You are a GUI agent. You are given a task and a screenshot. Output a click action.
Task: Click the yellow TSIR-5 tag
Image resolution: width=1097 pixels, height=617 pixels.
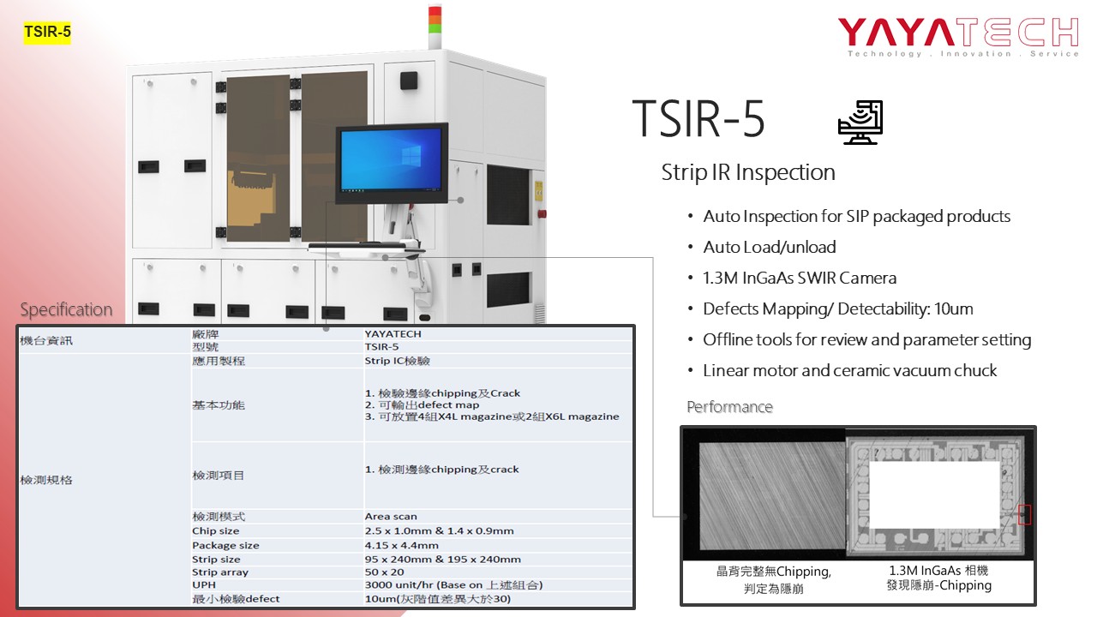point(47,32)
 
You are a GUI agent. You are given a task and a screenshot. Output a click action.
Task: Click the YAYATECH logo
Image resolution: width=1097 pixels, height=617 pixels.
point(958,36)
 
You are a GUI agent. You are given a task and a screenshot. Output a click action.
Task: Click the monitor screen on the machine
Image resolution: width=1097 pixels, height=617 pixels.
point(392,163)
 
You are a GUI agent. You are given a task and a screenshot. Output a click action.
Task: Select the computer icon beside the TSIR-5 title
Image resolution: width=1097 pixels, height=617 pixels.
point(860,123)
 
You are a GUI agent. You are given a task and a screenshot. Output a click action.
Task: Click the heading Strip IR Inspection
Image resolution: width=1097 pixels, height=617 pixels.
point(748,172)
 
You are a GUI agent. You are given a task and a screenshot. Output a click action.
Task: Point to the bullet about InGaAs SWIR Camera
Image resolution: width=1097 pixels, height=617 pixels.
point(800,279)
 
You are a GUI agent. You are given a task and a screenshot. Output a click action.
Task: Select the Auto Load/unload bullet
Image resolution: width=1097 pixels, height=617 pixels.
point(769,248)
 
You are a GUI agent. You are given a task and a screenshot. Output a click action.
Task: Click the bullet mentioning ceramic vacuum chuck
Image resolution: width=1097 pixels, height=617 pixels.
point(849,371)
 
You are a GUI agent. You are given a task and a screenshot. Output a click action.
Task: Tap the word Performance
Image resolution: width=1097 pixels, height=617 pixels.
point(729,407)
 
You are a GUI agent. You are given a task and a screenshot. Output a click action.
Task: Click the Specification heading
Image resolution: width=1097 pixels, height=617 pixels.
point(66,309)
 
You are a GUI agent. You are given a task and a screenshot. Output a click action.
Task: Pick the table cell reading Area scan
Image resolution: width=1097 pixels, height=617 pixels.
point(391,516)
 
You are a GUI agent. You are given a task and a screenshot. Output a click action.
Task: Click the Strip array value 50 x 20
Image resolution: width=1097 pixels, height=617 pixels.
point(385,572)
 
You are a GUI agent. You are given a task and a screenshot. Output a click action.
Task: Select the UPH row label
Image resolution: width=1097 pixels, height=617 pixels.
point(204,584)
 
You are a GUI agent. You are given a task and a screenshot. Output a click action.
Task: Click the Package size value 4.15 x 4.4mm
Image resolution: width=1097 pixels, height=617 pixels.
point(402,545)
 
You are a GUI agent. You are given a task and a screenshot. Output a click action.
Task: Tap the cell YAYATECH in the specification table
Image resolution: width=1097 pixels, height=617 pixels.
point(393,334)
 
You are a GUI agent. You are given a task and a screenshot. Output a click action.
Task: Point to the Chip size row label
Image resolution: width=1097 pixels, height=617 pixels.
point(215,530)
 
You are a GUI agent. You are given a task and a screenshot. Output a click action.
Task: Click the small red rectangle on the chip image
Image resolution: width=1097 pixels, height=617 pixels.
point(1024,515)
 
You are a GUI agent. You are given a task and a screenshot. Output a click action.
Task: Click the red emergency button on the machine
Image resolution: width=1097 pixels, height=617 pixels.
point(543,214)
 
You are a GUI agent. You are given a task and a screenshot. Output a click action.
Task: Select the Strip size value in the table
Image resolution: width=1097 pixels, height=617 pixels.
point(443,560)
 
